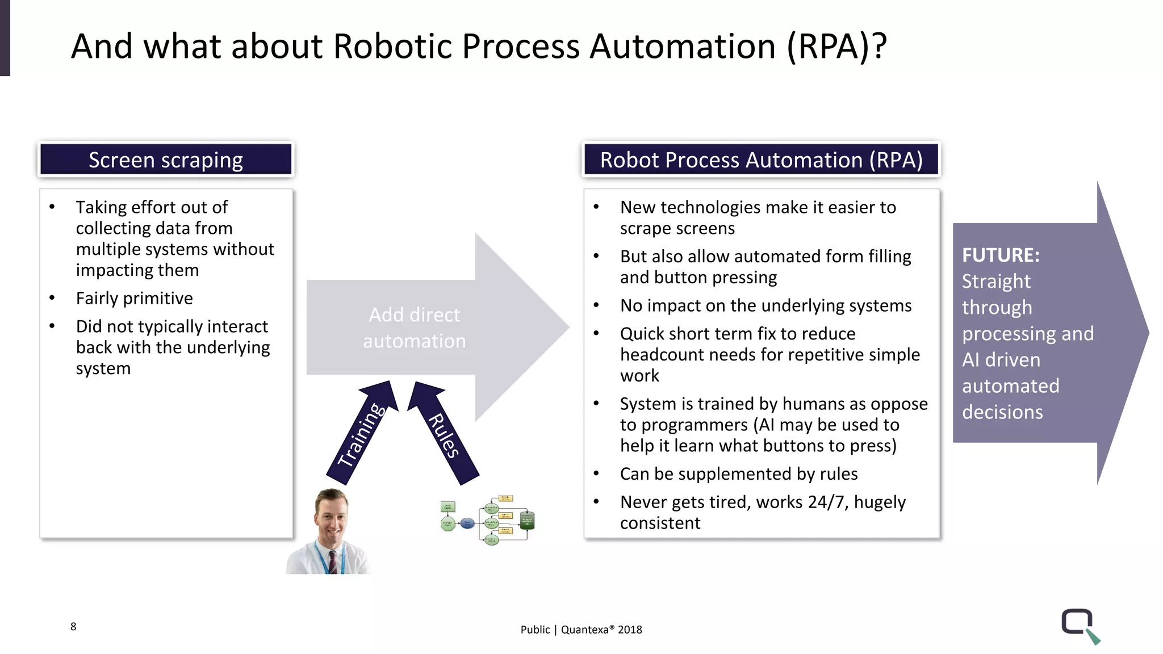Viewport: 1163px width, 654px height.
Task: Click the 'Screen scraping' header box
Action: pos(166,160)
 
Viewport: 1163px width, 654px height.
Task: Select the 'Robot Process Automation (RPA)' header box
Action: pos(761,160)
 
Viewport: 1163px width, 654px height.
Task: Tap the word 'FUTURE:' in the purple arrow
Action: pos(1001,255)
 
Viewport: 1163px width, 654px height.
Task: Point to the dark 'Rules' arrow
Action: pos(443,434)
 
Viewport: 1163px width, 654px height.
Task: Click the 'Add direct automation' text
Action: pos(415,328)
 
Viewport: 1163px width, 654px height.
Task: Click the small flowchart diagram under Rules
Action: pos(488,519)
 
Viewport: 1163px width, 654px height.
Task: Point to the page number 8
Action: pos(73,626)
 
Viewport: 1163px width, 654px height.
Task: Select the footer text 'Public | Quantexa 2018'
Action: pos(581,629)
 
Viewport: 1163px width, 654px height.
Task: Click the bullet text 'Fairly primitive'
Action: pos(135,298)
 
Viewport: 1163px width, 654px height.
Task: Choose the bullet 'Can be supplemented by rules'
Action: pos(738,473)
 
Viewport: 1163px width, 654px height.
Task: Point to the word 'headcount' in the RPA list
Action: pos(659,354)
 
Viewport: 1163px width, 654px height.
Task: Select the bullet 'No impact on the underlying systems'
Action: pos(765,305)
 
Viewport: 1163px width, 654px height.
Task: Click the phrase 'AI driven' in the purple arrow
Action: pos(1001,359)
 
